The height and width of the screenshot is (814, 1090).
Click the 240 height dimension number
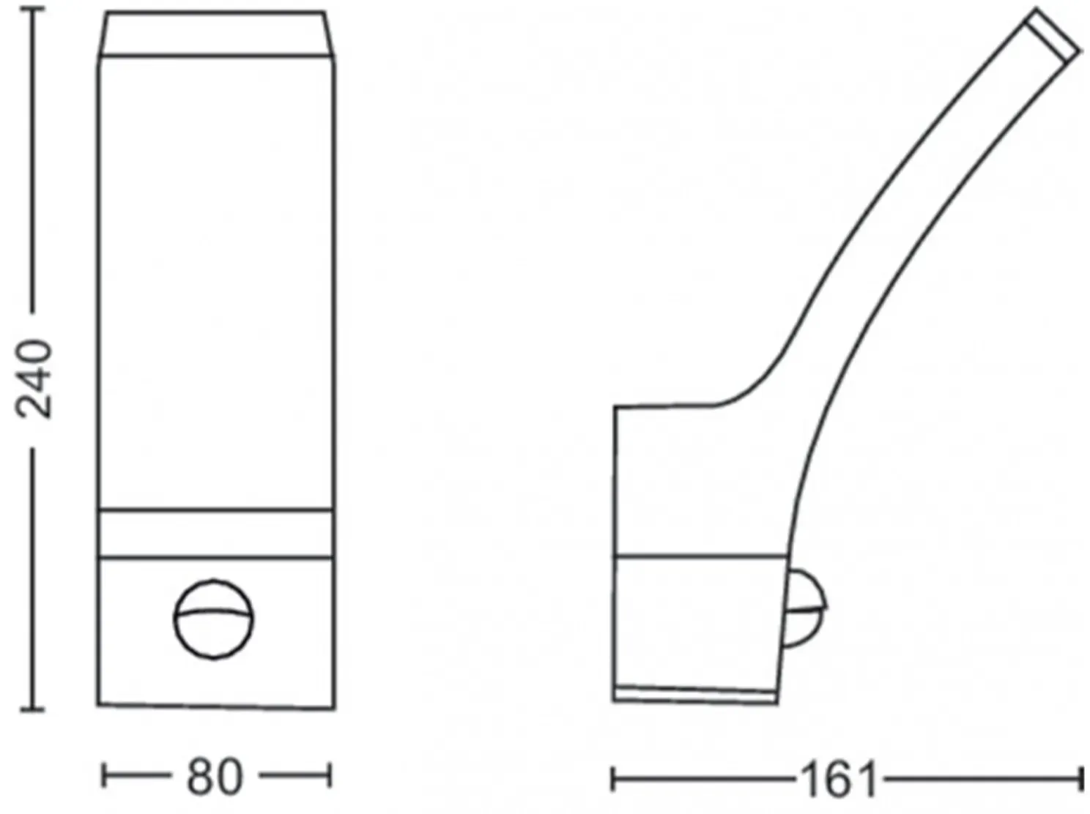(x=34, y=379)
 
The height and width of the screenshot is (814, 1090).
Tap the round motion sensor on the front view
(x=213, y=619)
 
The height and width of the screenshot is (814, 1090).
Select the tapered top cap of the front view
(x=216, y=33)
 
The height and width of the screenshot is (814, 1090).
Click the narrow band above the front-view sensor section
(x=215, y=533)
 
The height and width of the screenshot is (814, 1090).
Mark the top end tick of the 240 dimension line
(x=32, y=9)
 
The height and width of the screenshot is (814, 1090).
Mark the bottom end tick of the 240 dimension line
(x=32, y=710)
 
